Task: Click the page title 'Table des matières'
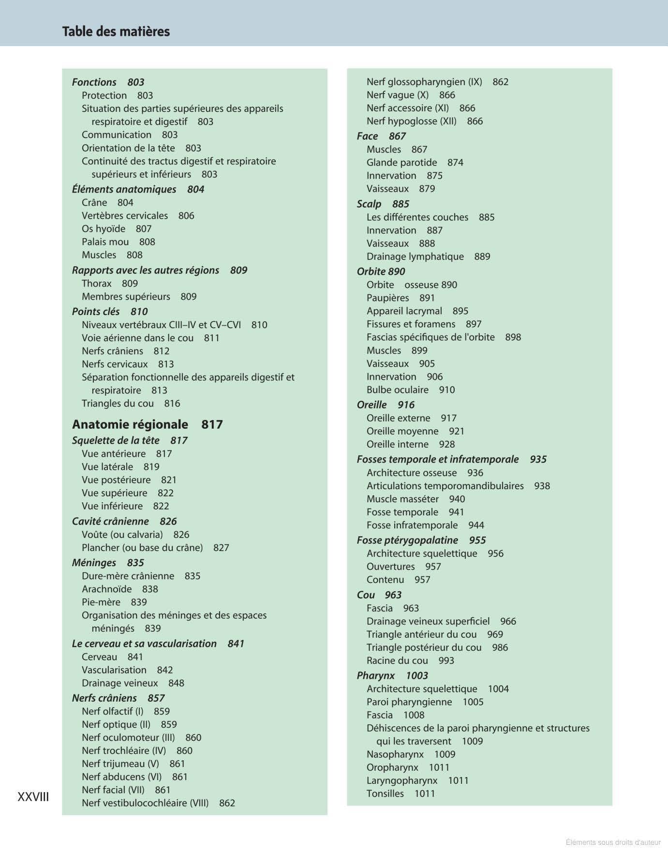[x=116, y=31]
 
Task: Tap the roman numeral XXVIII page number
[x=33, y=797]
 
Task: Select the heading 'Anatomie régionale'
[x=130, y=424]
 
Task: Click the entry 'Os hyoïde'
[x=104, y=229]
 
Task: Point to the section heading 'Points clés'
[x=96, y=312]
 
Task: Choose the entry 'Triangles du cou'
[x=118, y=404]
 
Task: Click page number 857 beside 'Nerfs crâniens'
[x=156, y=698]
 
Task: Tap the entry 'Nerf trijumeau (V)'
[x=120, y=764]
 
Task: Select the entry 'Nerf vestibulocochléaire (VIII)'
[x=145, y=803]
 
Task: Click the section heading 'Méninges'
[x=94, y=563]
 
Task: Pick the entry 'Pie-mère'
[x=101, y=602]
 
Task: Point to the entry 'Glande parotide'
[x=401, y=163]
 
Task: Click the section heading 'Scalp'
[x=369, y=204]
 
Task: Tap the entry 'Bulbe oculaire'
[x=398, y=390]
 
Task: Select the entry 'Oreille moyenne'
[x=402, y=431]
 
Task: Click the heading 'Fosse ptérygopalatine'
[x=407, y=540]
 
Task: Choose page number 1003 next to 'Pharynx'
[x=417, y=675]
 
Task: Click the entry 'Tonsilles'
[x=385, y=794]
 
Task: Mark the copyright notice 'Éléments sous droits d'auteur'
[x=613, y=842]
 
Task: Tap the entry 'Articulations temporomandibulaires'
[x=445, y=486]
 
